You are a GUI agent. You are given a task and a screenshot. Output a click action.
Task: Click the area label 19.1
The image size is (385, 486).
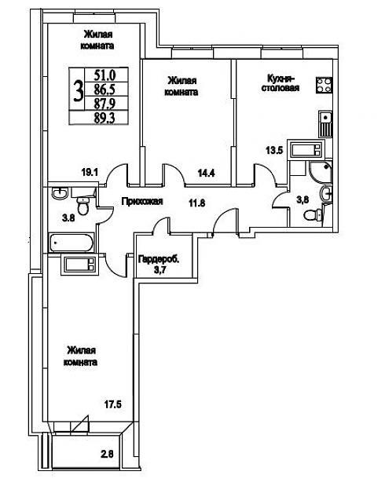tap(90, 172)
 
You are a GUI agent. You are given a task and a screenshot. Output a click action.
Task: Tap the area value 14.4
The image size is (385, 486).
tap(207, 173)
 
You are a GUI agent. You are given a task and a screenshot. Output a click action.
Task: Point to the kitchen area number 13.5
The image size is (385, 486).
tap(274, 151)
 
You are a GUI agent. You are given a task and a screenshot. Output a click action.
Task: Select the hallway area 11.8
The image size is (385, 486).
tap(197, 203)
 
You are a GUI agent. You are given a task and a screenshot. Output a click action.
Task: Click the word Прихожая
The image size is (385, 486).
tap(142, 202)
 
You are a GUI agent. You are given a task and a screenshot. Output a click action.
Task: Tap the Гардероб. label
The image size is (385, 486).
tap(159, 259)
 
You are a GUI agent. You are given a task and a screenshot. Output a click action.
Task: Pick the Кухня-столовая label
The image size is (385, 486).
tap(280, 82)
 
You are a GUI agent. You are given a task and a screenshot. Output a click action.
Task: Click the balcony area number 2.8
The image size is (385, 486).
tap(107, 455)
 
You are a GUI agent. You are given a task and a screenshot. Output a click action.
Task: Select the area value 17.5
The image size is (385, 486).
tap(113, 404)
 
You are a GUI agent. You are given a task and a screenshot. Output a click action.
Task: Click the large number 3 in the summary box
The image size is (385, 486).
tap(79, 90)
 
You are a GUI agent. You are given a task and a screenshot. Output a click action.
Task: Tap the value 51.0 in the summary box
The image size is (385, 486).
tap(104, 75)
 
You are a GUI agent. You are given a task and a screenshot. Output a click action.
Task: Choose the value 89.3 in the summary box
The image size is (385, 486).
tap(104, 118)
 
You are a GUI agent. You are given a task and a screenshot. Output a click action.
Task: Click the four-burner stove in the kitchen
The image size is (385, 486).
tap(324, 85)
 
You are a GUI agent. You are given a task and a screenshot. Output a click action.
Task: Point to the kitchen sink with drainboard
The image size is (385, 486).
tap(326, 124)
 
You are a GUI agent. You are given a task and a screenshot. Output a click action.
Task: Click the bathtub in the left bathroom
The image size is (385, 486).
tap(71, 243)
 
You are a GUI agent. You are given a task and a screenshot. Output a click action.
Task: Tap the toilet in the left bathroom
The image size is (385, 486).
tap(83, 204)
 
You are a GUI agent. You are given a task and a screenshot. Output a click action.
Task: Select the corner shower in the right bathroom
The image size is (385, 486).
tap(321, 172)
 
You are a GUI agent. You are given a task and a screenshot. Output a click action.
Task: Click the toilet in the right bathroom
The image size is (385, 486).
tap(313, 215)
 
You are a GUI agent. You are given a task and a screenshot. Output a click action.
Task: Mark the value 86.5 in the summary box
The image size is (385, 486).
tap(104, 90)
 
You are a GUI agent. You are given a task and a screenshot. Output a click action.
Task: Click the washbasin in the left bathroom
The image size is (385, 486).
tap(59, 193)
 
